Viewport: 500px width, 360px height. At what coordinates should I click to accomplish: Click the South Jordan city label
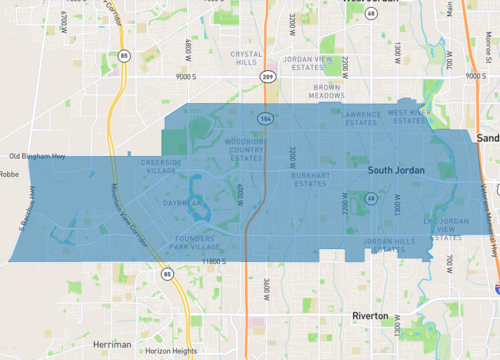396,171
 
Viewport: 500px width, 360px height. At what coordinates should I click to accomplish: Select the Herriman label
112,344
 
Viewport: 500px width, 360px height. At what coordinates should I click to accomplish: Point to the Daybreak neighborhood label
183,203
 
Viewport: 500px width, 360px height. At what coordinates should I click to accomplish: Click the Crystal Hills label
245,58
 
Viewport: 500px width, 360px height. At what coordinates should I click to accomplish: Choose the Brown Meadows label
328,90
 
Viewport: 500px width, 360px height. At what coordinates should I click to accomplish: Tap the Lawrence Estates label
360,118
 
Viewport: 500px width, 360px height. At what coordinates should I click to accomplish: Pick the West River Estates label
409,118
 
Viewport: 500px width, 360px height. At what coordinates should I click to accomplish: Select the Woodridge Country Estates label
246,150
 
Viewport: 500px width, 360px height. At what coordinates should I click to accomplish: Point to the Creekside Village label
161,165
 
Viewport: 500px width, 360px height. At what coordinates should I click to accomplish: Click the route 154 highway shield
265,118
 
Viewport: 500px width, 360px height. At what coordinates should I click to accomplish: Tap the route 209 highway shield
268,75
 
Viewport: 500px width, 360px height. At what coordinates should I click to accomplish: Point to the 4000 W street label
240,190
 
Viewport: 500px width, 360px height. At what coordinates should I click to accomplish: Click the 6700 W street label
63,21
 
